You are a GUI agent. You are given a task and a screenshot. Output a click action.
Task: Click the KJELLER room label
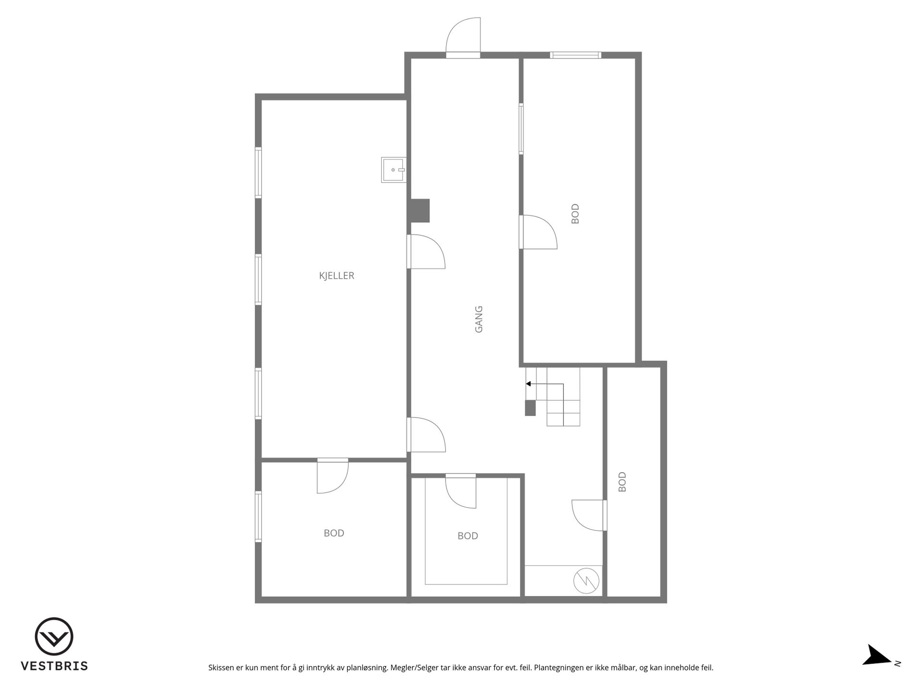[x=337, y=276]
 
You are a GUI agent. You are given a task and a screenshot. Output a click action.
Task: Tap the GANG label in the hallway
[x=479, y=320]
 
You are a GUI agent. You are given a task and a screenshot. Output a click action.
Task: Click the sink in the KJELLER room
[x=394, y=170]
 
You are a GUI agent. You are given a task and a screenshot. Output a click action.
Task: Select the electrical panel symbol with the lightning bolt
[x=586, y=581]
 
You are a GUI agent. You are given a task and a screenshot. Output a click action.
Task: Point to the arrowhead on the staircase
[x=528, y=384]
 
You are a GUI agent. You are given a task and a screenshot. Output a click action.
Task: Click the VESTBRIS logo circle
[x=54, y=636]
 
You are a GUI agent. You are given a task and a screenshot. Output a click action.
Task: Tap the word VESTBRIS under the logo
[x=54, y=666]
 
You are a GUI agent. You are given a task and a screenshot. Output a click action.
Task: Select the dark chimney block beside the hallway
[x=419, y=211]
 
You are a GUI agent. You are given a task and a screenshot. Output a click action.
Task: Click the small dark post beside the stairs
[x=530, y=408]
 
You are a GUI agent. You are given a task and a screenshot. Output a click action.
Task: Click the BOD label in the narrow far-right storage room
[x=622, y=482]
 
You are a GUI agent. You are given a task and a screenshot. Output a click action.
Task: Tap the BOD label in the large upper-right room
[x=575, y=214]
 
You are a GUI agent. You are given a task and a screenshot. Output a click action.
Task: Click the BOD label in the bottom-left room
[x=334, y=533]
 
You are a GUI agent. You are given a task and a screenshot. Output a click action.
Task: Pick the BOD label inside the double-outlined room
[x=468, y=536]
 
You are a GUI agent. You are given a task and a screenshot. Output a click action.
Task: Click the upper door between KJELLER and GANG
[x=426, y=251]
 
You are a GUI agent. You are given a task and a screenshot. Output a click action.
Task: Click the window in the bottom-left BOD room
[x=258, y=517]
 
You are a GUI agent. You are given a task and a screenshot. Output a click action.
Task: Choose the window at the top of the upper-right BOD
[x=575, y=55]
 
